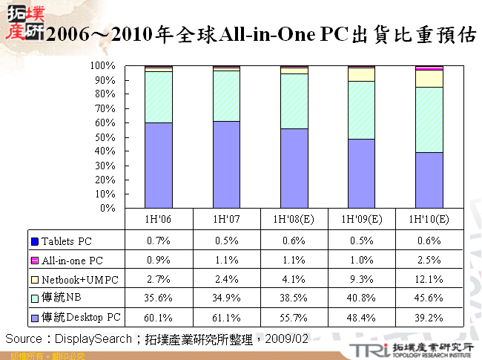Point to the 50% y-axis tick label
105,137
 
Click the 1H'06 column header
159,220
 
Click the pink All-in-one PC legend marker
34,261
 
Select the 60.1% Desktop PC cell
159,318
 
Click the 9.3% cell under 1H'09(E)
361,279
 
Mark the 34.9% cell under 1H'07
226,298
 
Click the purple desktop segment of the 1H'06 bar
159,165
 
